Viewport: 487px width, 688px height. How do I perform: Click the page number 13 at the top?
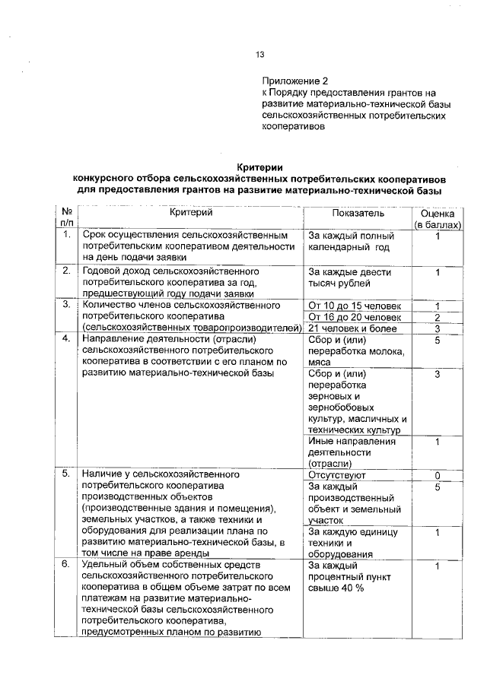click(x=259, y=55)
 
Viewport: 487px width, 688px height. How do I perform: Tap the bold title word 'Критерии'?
click(x=259, y=166)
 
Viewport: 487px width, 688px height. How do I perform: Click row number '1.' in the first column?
click(x=67, y=236)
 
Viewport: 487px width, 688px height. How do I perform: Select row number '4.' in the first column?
click(x=67, y=338)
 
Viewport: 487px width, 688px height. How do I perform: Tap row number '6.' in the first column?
click(x=67, y=566)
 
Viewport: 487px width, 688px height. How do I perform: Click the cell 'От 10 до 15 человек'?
click(x=355, y=306)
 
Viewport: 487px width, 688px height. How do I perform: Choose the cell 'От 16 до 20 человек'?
click(x=355, y=317)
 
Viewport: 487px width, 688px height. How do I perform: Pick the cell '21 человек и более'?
click(x=350, y=328)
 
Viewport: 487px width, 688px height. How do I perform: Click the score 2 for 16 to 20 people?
click(x=438, y=317)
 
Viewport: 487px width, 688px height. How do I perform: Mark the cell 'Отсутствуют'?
click(x=337, y=475)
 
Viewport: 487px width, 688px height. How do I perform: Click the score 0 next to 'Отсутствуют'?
click(x=438, y=475)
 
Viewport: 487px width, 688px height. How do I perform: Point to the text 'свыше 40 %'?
click(x=336, y=589)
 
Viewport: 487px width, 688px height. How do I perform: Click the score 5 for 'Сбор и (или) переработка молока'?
click(x=438, y=341)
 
